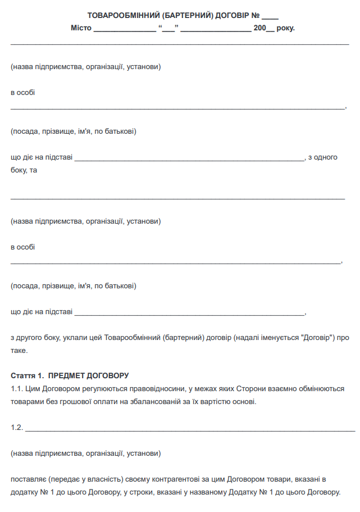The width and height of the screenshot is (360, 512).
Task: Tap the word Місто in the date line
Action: pos(81,28)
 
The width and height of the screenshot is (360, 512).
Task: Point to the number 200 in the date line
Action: pos(259,28)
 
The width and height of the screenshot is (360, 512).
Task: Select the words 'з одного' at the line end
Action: pos(323,157)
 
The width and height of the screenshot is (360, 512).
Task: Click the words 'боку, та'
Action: pos(24,169)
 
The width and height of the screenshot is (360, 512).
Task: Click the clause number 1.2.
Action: pos(16,427)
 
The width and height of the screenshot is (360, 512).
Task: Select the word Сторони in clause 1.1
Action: pos(250,388)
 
